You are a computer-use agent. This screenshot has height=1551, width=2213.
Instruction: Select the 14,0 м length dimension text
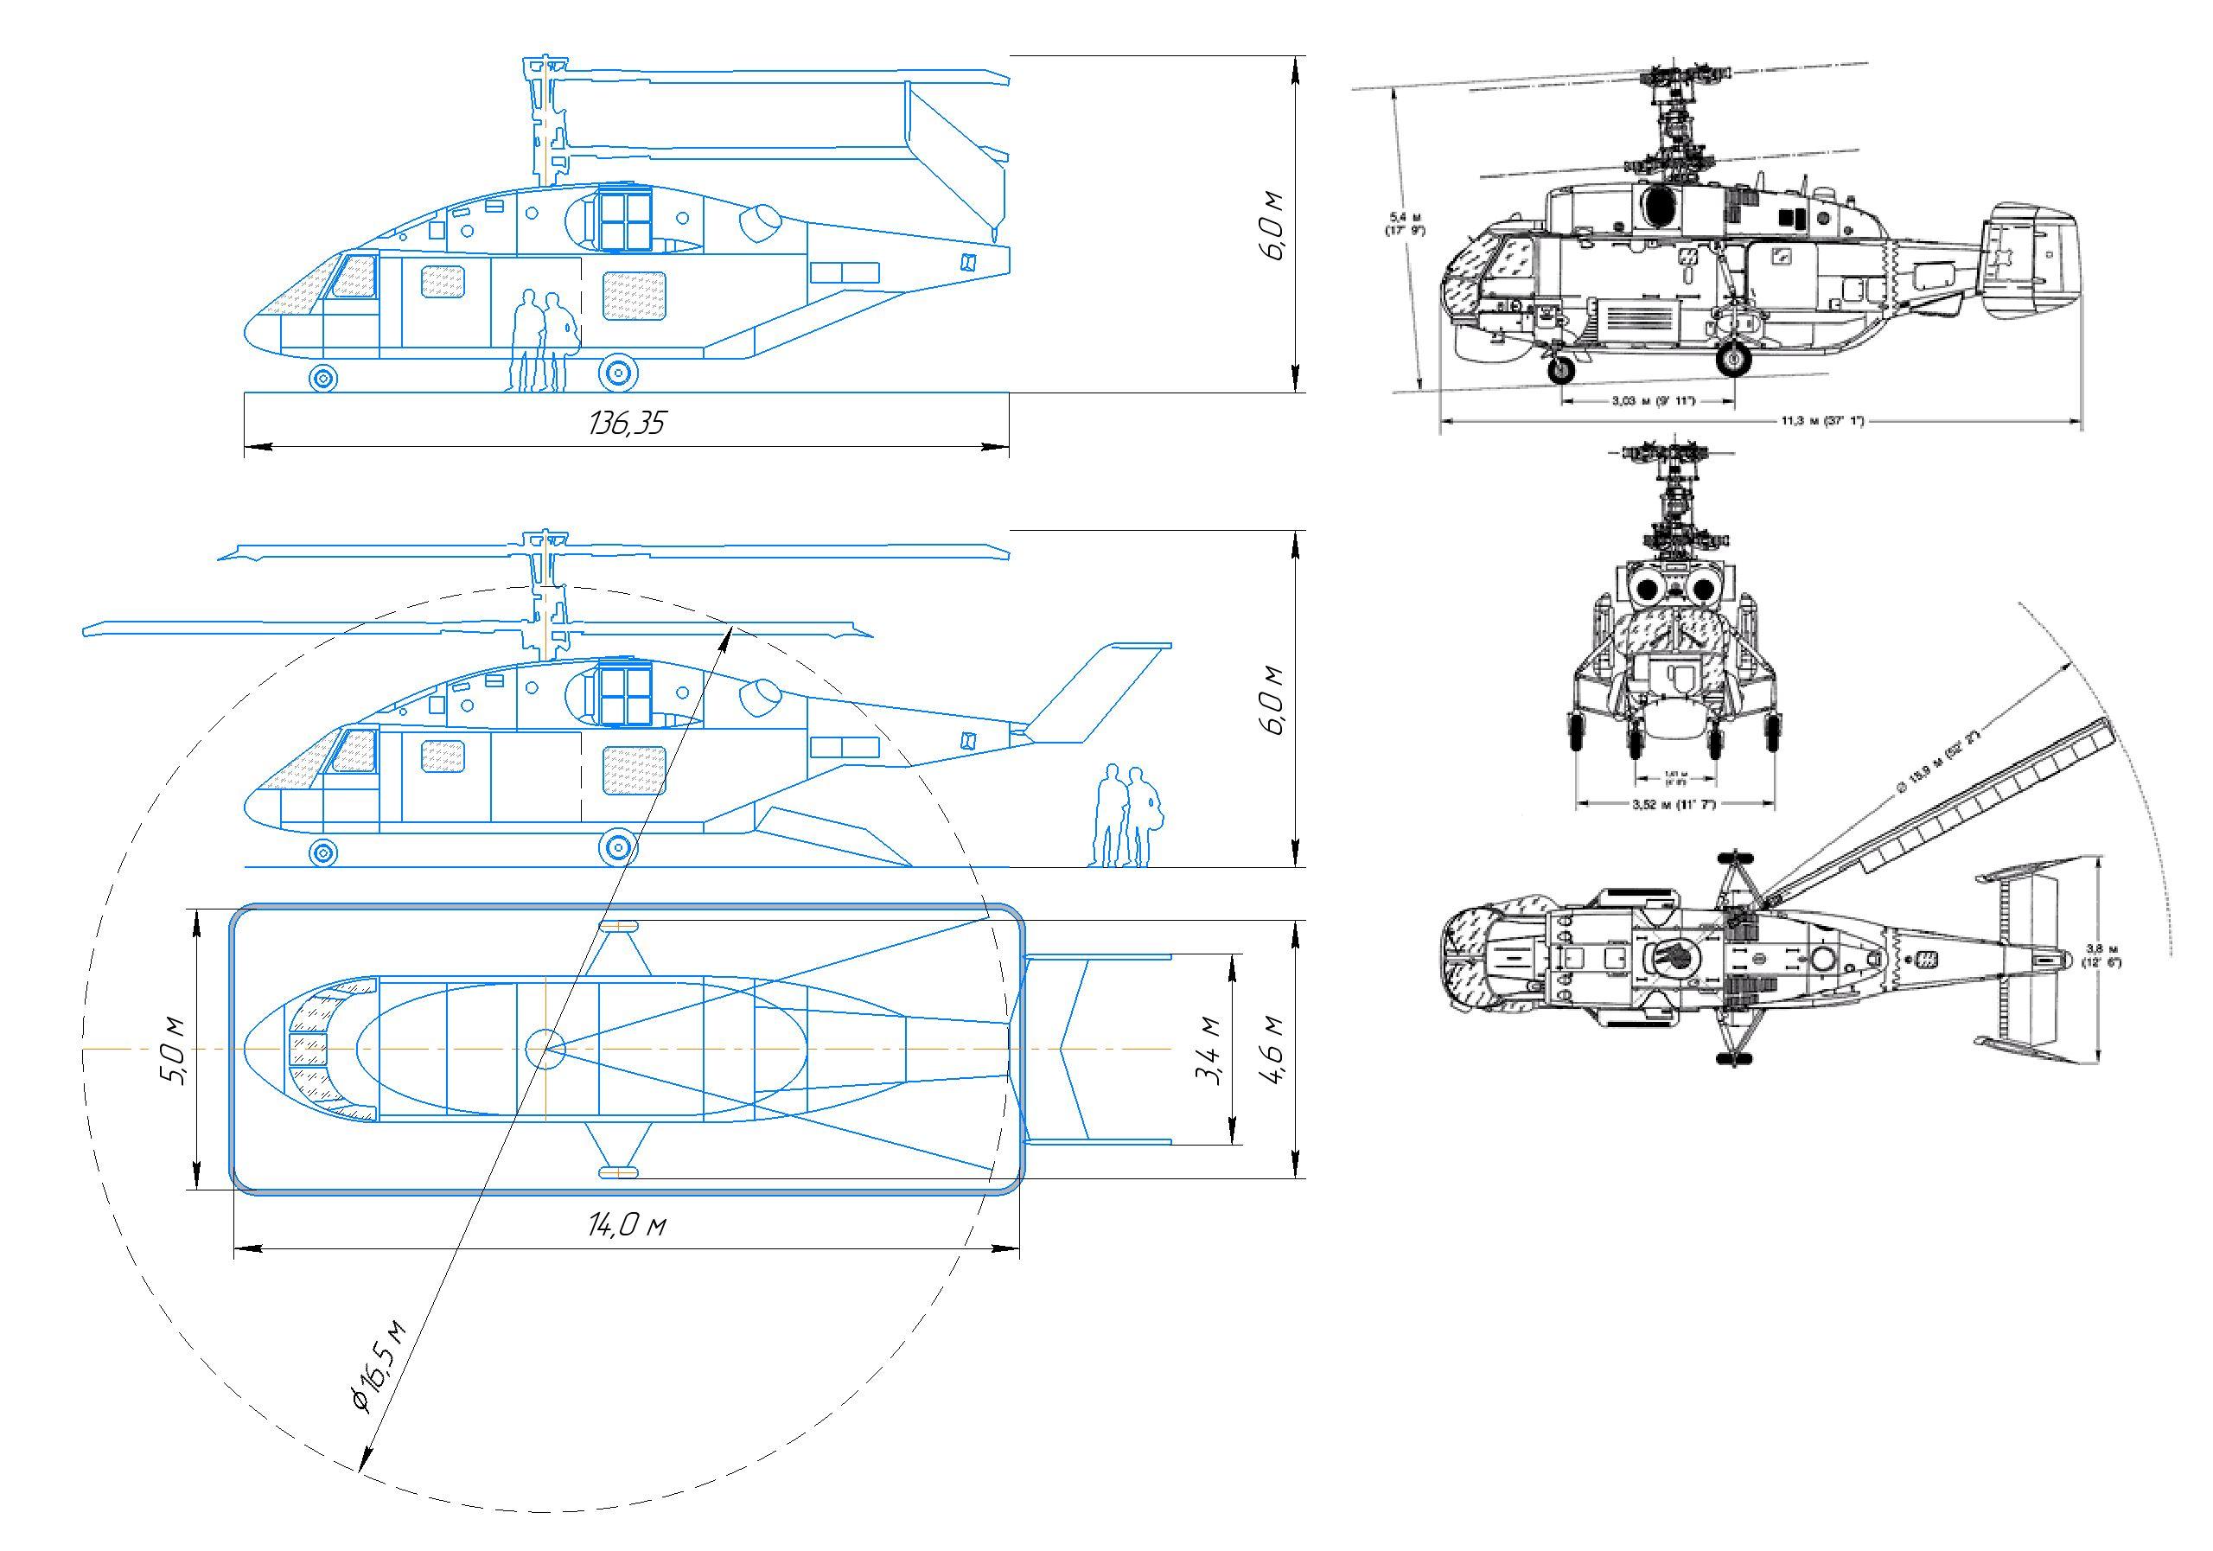628,1225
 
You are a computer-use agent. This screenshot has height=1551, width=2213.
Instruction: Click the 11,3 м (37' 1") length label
1821,421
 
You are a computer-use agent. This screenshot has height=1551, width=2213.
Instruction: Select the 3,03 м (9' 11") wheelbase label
1653,400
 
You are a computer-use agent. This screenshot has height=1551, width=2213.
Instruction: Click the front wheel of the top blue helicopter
323,376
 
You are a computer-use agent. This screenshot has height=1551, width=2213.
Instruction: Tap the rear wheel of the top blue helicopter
618,373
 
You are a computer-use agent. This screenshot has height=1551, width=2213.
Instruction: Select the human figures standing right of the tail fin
1126,815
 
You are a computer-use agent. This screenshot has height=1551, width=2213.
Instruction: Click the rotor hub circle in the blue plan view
546,1048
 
